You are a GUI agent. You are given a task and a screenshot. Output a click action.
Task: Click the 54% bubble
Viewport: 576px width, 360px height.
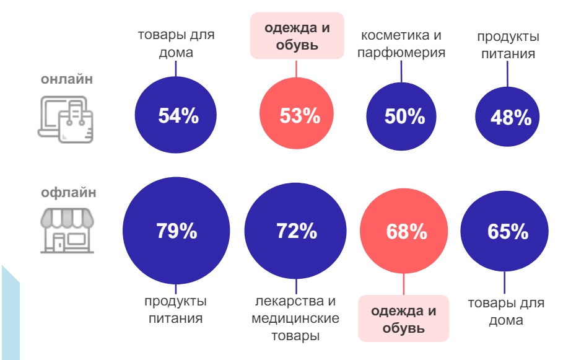coord(176,116)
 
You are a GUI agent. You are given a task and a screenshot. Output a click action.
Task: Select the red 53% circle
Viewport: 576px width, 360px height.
coord(296,116)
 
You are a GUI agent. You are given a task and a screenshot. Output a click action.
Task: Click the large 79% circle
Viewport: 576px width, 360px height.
coord(176,231)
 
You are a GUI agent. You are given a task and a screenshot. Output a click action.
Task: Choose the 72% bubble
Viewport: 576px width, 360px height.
coord(296,231)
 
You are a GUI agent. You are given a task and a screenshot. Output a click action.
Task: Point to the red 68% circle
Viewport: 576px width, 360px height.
coord(405,232)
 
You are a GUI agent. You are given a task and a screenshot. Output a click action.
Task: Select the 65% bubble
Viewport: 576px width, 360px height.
coord(506,232)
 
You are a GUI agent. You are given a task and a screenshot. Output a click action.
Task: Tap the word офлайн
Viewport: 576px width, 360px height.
coord(68,192)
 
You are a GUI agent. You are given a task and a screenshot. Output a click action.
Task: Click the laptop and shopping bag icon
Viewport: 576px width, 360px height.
coord(66,118)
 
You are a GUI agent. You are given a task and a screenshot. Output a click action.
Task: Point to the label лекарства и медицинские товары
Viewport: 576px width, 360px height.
coord(295,318)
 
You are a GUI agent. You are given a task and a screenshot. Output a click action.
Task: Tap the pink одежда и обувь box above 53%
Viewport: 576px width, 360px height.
coord(297,36)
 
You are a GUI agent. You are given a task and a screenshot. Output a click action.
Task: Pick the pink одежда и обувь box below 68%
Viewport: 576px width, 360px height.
coord(403,318)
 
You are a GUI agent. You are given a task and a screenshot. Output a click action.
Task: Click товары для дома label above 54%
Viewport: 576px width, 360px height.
coord(176,43)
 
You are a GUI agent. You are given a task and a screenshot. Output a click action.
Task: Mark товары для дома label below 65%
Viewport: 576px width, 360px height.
coord(506,312)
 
